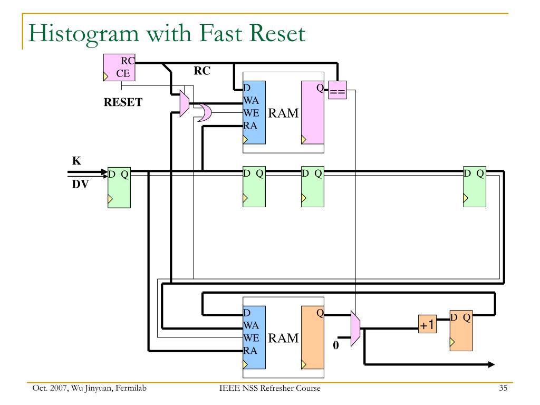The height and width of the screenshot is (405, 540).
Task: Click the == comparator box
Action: pyautogui.click(x=337, y=90)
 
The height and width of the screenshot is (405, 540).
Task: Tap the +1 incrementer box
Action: pyautogui.click(x=427, y=324)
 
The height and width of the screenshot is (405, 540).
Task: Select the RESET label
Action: pyautogui.click(x=123, y=102)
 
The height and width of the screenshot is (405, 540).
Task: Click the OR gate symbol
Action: pyautogui.click(x=204, y=112)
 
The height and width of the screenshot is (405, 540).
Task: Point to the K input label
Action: pyautogui.click(x=76, y=161)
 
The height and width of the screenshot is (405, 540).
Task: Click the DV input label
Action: pyautogui.click(x=80, y=184)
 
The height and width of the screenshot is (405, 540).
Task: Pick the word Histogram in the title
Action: pyautogui.click(x=84, y=34)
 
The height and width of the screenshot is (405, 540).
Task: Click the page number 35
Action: pyautogui.click(x=503, y=388)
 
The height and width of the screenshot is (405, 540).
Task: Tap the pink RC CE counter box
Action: pyautogui.click(x=119, y=67)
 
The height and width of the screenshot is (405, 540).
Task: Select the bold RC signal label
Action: pyautogui.click(x=202, y=71)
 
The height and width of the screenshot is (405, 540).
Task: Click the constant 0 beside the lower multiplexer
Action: pyautogui.click(x=336, y=345)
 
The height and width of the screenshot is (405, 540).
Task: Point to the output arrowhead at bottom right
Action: pyautogui.click(x=491, y=364)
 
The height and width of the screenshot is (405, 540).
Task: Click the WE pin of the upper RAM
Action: pyautogui.click(x=251, y=113)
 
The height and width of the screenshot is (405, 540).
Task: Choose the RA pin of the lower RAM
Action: pyautogui.click(x=250, y=351)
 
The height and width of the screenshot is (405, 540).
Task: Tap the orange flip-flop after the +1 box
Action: pyautogui.click(x=461, y=331)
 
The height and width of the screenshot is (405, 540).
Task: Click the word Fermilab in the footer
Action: pyautogui.click(x=131, y=388)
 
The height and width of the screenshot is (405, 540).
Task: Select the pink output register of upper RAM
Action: pyautogui.click(x=313, y=112)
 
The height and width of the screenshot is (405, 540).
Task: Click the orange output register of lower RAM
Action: pyautogui.click(x=313, y=337)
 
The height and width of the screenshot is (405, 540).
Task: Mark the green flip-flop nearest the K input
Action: pyautogui.click(x=119, y=187)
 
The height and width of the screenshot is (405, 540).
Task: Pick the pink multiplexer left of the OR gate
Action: pyautogui.click(x=185, y=103)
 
